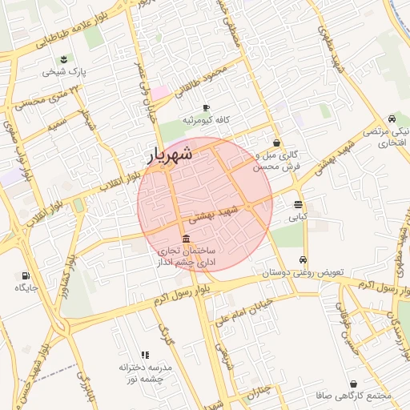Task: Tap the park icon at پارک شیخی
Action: (64, 59)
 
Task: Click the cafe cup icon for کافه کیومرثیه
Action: (206, 107)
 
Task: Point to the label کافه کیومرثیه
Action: (207, 120)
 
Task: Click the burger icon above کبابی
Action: (298, 204)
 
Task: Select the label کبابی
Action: (297, 216)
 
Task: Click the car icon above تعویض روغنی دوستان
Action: (303, 260)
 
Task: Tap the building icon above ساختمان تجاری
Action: (187, 239)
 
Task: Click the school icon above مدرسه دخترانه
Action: (145, 354)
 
